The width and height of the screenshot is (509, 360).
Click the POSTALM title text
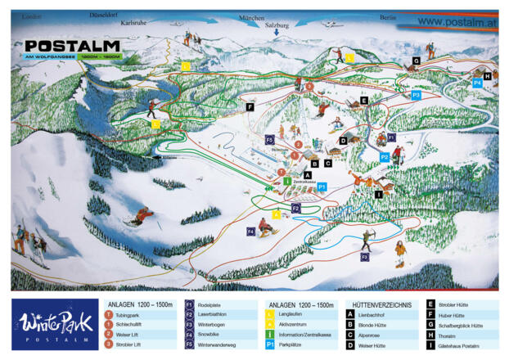74,46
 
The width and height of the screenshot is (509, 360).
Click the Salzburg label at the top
277,25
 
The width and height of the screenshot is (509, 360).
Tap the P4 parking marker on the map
477,83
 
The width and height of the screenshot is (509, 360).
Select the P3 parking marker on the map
416,96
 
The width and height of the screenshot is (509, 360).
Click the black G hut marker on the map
416,61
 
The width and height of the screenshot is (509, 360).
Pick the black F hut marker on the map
250,106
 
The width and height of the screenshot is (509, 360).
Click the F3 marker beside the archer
364,257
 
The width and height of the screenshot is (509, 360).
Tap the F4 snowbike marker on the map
251,232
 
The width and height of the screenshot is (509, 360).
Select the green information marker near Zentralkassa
287,181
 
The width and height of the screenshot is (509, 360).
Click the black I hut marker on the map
378,194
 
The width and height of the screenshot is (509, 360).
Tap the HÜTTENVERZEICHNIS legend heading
381,304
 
